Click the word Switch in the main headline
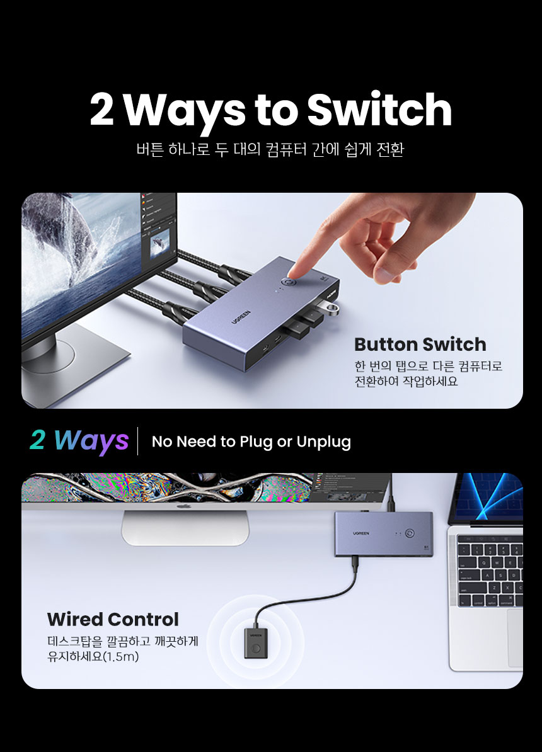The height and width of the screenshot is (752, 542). [379, 110]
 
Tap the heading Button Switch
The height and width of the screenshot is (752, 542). [420, 345]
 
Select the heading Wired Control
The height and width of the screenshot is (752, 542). [113, 619]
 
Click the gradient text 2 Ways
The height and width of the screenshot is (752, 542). [79, 440]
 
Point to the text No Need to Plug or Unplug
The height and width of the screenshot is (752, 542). [251, 442]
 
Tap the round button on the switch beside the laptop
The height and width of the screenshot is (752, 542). [410, 533]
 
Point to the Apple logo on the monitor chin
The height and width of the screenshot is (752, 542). [183, 506]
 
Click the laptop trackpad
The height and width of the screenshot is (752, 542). [515, 638]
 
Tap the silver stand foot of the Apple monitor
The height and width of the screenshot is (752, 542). [185, 527]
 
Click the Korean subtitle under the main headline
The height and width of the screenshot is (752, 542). [270, 149]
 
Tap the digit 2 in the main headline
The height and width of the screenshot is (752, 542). [102, 110]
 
